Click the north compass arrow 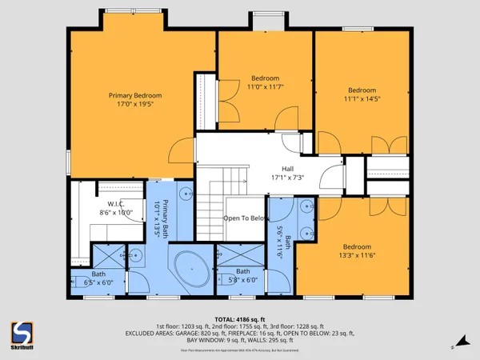458,346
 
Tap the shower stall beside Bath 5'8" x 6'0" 240,256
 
